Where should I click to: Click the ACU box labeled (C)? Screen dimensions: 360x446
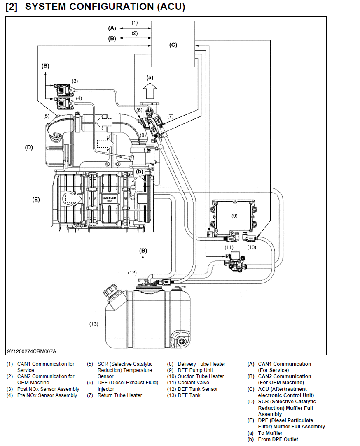pyautogui.click(x=173, y=44)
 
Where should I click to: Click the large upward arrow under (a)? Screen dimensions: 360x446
pyautogui.click(x=150, y=91)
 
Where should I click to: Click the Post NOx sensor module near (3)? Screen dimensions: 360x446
pyautogui.click(x=63, y=90)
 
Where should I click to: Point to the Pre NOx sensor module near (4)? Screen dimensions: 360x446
pyautogui.click(x=63, y=103)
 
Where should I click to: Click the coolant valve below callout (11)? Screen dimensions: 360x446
pyautogui.click(x=236, y=260)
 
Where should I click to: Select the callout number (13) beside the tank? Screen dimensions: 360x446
pyautogui.click(x=94, y=324)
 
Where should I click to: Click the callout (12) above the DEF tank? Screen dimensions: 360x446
pyautogui.click(x=132, y=272)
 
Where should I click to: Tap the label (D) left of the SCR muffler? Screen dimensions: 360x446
pyautogui.click(x=29, y=147)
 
